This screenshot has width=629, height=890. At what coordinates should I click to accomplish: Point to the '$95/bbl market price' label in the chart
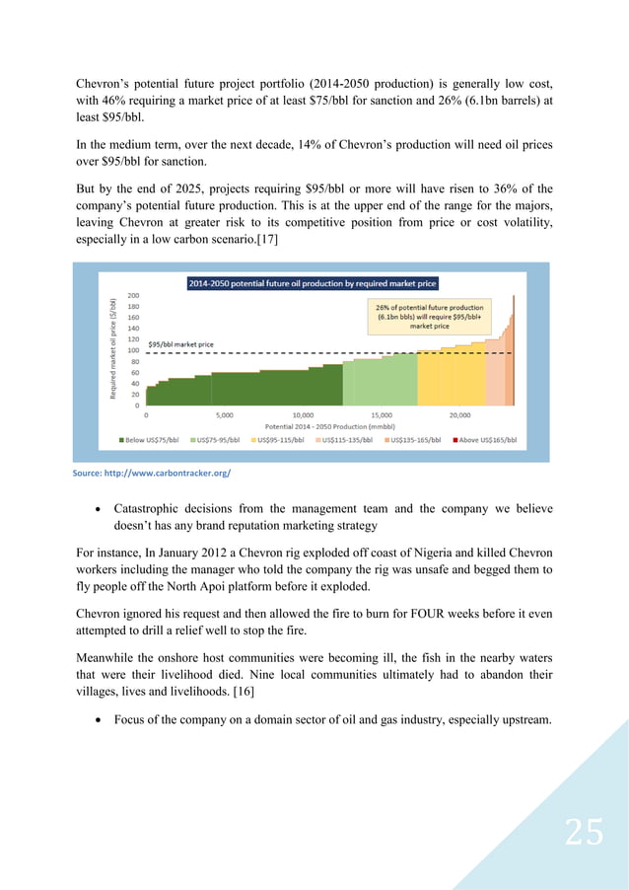(180, 344)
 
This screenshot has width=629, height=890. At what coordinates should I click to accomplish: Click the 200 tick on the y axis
(133, 295)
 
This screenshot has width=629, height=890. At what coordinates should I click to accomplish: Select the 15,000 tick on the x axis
(381, 414)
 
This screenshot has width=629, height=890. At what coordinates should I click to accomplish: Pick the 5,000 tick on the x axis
(224, 414)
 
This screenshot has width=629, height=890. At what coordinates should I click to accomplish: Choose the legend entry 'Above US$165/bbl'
(484, 440)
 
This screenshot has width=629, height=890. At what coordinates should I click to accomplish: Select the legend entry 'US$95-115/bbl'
(284, 440)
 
